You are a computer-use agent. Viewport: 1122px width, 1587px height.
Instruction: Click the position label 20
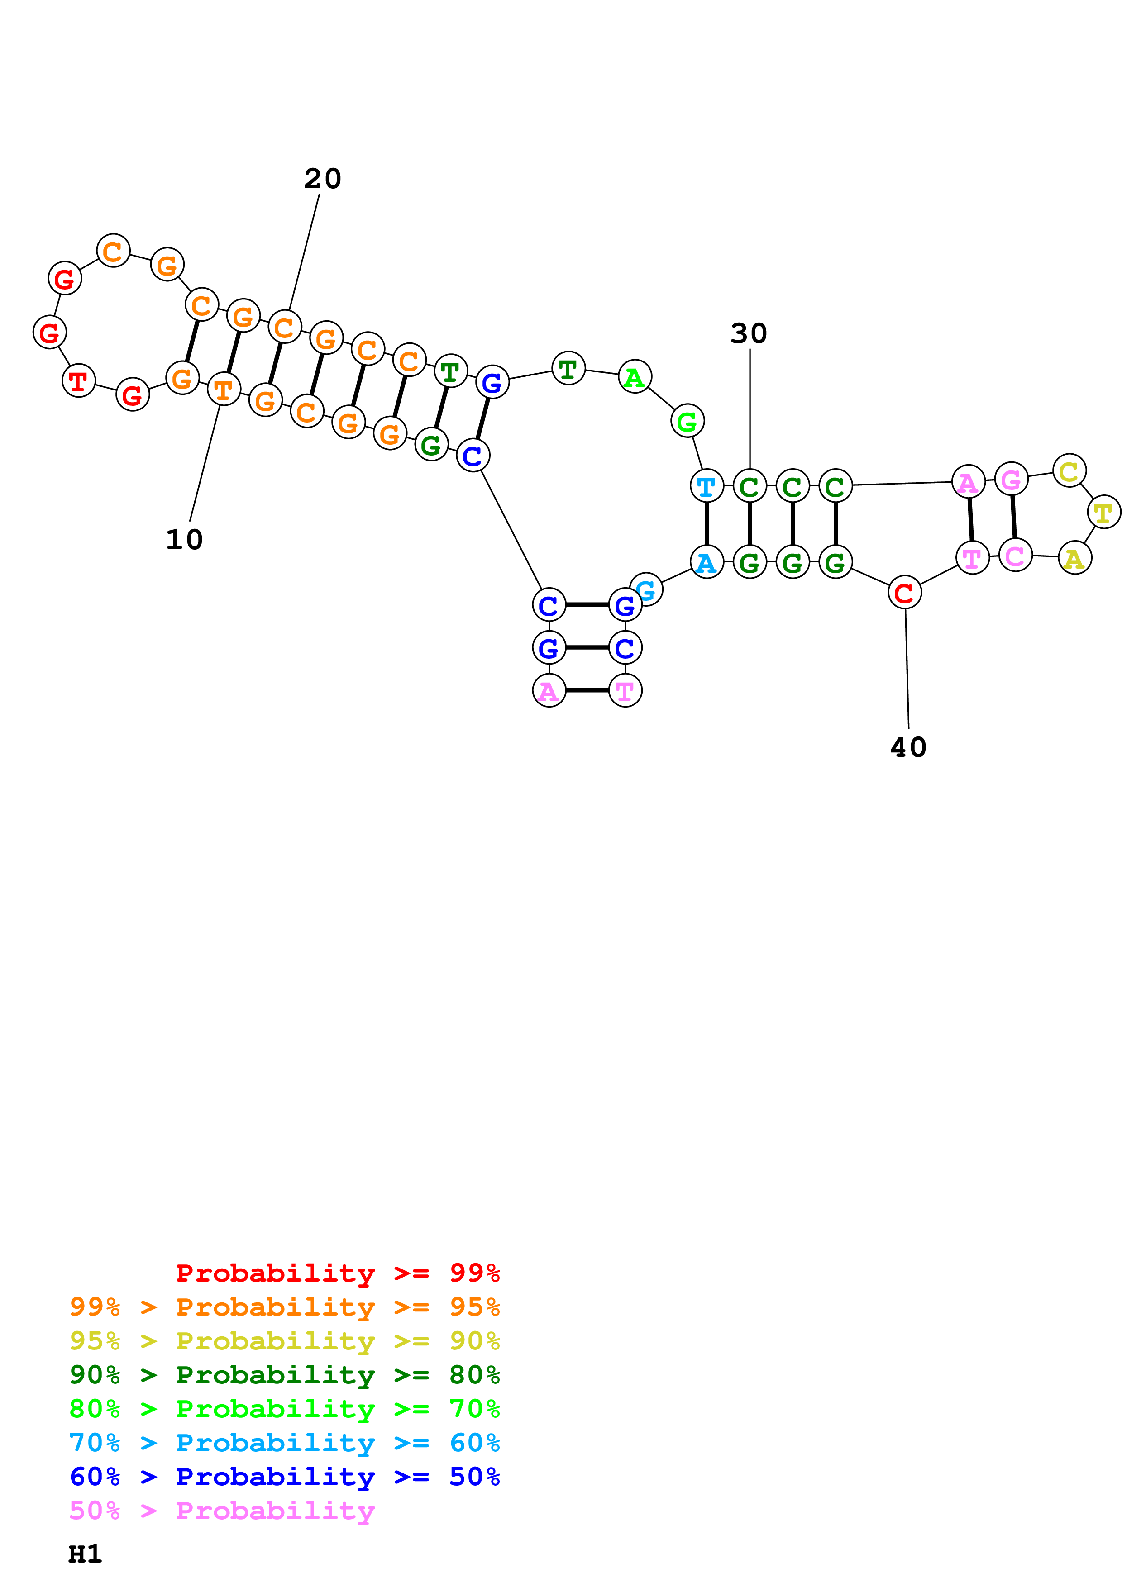[x=322, y=179]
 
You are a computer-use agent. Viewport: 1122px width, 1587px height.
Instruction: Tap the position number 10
[x=184, y=540]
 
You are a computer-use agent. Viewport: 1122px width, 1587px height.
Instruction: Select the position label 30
[x=749, y=334]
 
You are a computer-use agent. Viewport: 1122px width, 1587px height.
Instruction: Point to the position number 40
[x=908, y=748]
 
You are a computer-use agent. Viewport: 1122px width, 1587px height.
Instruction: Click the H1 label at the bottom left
[x=85, y=1554]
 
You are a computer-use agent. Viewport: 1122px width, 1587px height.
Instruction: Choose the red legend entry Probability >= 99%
[x=337, y=1273]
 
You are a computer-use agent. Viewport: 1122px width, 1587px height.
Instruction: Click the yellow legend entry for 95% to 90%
[x=284, y=1341]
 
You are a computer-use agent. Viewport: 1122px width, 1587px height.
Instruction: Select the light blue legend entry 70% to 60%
[x=284, y=1443]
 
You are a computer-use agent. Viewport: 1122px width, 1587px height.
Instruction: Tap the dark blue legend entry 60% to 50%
[x=284, y=1477]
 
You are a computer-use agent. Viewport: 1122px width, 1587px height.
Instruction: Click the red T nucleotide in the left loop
[x=78, y=381]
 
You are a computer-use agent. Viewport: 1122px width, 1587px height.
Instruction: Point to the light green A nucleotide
[x=635, y=377]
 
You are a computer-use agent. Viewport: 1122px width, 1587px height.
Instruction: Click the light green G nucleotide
[x=687, y=421]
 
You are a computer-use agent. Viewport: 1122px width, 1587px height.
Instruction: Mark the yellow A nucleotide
[x=1074, y=559]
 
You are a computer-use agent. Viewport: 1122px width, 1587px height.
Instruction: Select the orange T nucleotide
[x=223, y=390]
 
